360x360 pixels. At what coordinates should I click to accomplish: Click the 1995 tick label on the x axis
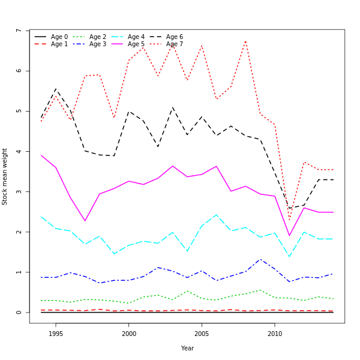56,334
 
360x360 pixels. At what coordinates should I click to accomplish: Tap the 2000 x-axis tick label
128,334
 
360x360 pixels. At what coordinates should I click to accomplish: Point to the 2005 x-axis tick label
202,334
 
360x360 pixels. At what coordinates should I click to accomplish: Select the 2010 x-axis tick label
275,334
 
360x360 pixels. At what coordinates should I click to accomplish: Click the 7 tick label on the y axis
19,31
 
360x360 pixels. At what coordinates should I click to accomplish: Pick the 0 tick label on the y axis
19,313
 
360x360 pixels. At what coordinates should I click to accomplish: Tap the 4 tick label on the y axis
19,151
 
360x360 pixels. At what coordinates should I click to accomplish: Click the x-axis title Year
187,348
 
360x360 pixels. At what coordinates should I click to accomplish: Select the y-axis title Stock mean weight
5,176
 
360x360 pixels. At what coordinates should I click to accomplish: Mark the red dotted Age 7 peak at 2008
245,41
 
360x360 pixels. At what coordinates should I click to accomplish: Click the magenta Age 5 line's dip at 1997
85,221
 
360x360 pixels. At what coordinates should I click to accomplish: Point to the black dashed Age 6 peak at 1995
56,89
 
